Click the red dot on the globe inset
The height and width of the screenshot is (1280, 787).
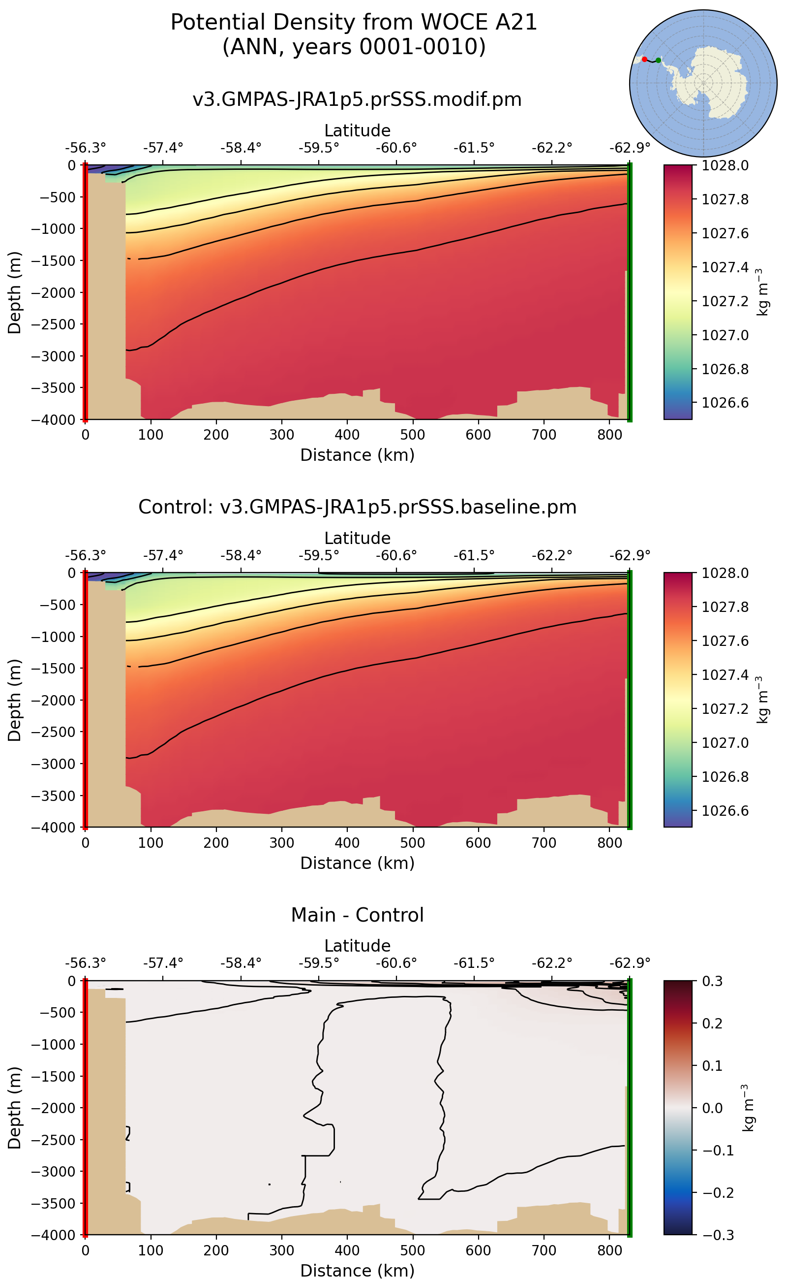click(x=644, y=60)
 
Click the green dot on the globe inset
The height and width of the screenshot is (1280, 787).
click(x=659, y=61)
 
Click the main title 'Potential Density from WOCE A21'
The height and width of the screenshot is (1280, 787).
click(x=354, y=23)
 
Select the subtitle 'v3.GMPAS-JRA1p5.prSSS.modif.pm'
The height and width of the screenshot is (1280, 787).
click(x=357, y=99)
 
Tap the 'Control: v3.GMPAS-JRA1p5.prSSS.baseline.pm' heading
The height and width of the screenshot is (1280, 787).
click(x=357, y=507)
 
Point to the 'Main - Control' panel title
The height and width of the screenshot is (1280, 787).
click(x=357, y=915)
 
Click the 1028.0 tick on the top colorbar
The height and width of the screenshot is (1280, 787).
click(x=725, y=166)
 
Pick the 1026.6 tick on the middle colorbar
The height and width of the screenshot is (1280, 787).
click(x=725, y=811)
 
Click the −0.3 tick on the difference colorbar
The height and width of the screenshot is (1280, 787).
click(x=718, y=1235)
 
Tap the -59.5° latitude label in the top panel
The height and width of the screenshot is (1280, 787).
click(x=319, y=148)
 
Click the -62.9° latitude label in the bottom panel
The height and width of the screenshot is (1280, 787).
click(x=630, y=963)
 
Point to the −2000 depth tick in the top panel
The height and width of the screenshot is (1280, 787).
click(x=54, y=293)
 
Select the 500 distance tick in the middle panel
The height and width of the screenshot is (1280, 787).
click(x=413, y=842)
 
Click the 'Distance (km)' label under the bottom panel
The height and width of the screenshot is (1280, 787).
click(x=357, y=1271)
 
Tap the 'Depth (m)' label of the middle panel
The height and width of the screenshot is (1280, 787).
click(x=15, y=700)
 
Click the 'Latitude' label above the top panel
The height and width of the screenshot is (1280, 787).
click(x=357, y=130)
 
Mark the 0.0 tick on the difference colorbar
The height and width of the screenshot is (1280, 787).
click(x=712, y=1108)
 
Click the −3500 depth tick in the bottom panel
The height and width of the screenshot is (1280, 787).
click(x=54, y=1203)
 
